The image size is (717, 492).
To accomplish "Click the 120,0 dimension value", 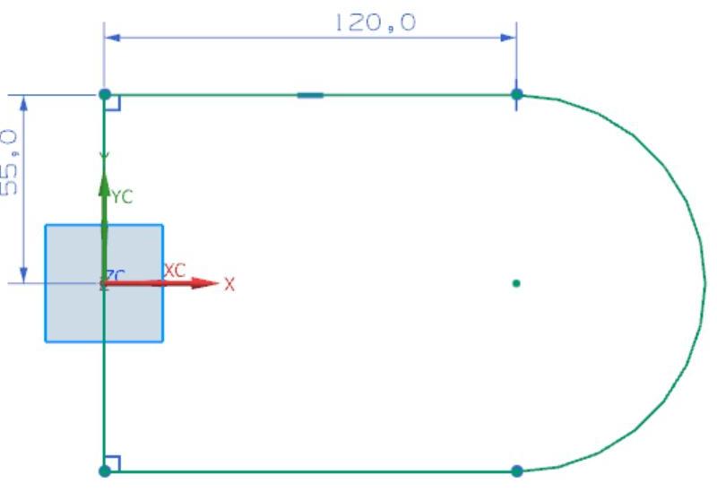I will click(376, 22).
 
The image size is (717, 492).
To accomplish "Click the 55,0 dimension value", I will click(10, 162).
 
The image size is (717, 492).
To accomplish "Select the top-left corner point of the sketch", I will click(105, 94).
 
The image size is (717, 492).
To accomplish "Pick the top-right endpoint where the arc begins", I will click(516, 94).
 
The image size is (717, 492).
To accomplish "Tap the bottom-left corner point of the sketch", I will click(105, 470).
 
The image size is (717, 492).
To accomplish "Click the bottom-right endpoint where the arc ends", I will click(516, 470).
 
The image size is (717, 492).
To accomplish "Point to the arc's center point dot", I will click(516, 284).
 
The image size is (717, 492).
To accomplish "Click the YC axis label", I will click(122, 198).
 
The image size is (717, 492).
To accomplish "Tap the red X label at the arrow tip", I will click(229, 285).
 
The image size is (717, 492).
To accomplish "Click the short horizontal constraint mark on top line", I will click(310, 94).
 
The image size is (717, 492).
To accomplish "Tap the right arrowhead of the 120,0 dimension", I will click(508, 38).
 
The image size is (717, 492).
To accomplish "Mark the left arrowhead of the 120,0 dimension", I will click(114, 38).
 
